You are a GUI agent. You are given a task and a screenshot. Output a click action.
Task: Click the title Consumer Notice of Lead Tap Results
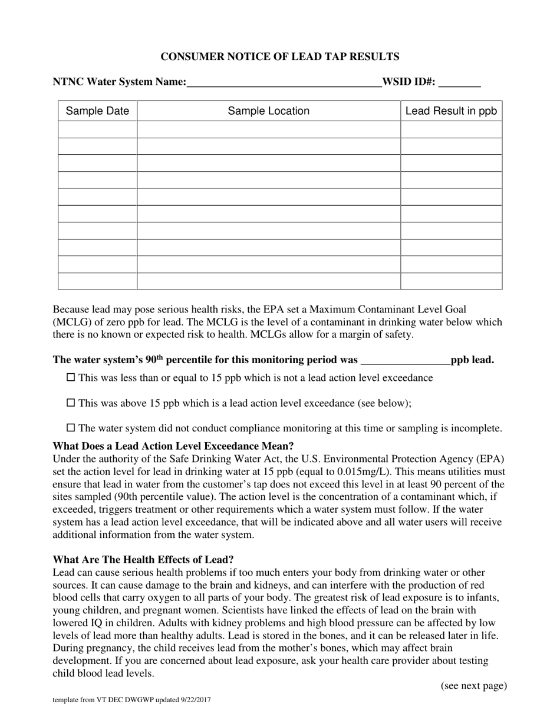280,57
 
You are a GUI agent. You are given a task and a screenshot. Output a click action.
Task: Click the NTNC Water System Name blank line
284,82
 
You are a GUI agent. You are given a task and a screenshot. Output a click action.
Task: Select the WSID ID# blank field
460,82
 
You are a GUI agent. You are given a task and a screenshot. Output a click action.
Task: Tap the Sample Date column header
97,111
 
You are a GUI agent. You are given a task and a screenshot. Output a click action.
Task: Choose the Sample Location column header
268,111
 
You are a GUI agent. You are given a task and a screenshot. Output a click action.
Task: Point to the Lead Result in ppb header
451,111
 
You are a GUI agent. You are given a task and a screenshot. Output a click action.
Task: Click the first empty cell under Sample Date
97,129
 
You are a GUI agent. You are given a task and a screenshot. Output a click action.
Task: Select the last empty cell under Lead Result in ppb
451,281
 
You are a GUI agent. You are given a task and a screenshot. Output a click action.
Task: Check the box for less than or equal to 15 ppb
71,377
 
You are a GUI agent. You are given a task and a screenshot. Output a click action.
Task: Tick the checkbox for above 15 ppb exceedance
71,403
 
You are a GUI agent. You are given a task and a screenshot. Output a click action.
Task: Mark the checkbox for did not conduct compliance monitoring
71,428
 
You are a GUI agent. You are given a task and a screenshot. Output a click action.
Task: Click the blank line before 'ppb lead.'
405,360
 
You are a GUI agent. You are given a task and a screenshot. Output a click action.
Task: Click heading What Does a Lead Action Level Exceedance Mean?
173,446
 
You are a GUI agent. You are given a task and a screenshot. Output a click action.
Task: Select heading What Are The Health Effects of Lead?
143,559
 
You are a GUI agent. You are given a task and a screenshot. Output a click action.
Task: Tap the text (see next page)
473,685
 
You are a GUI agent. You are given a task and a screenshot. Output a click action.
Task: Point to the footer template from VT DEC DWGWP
132,700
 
